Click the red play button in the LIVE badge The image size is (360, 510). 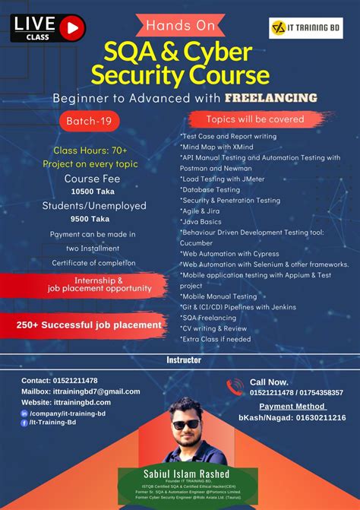coord(72,28)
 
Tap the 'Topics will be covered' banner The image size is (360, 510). coord(255,119)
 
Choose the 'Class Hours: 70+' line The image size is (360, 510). coord(89,150)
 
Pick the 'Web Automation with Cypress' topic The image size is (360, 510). coord(231,253)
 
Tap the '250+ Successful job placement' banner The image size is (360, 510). coord(89,325)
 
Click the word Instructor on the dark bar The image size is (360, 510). coord(183,360)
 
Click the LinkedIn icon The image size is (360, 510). coord(25,413)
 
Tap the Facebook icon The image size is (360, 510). coord(25,423)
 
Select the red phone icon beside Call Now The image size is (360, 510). coord(234,387)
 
